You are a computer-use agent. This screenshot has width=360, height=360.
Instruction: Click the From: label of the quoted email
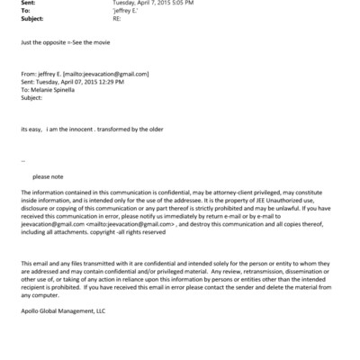pos(27,74)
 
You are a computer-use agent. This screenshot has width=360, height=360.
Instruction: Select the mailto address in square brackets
pos(111,74)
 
